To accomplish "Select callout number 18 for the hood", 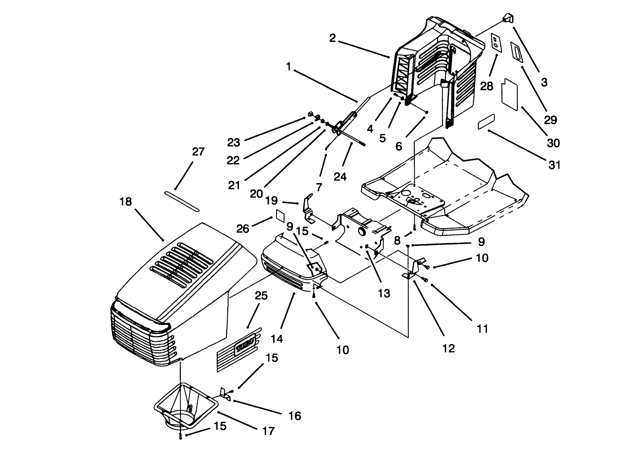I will (x=125, y=202).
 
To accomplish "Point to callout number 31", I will (x=555, y=164).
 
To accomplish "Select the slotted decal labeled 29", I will (x=517, y=53).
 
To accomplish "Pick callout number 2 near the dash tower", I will (x=332, y=38).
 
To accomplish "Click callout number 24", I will (x=340, y=176).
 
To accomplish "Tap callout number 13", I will (x=384, y=293).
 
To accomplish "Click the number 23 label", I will (x=234, y=142).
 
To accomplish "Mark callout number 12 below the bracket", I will (x=448, y=348).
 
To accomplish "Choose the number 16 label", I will (x=295, y=416).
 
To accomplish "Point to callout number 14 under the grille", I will (x=277, y=339).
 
